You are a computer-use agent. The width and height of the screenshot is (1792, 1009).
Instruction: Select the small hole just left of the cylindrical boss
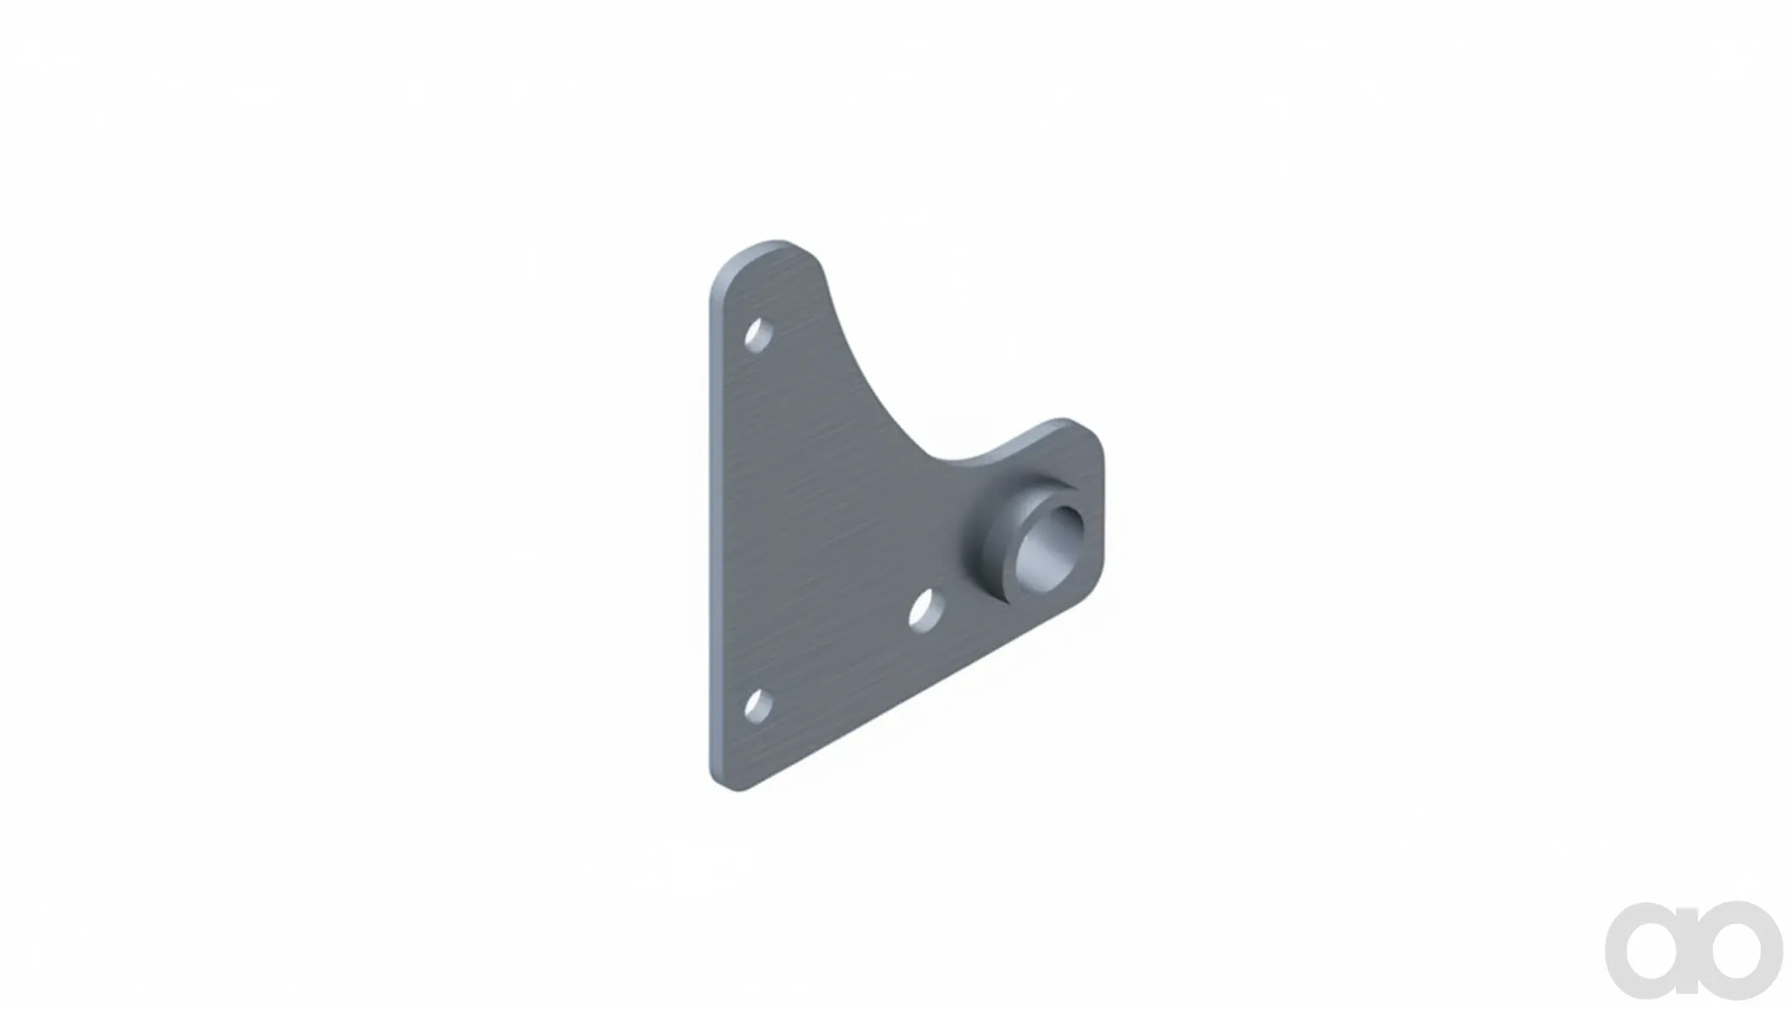click(926, 610)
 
